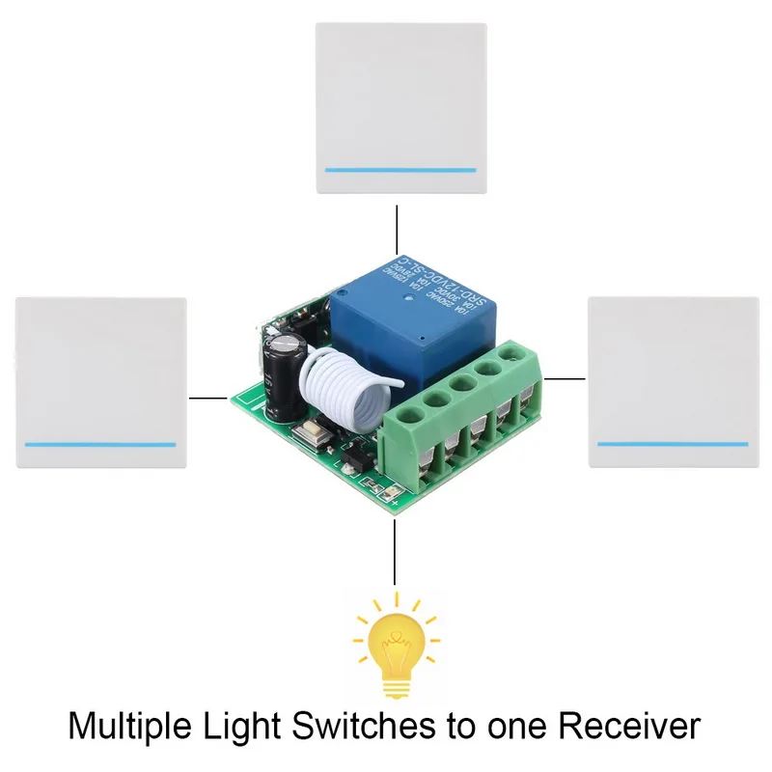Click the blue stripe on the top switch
pos(400,170)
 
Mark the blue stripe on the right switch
pos(673,444)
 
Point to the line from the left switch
pos(208,397)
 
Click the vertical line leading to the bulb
pos(395,556)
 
